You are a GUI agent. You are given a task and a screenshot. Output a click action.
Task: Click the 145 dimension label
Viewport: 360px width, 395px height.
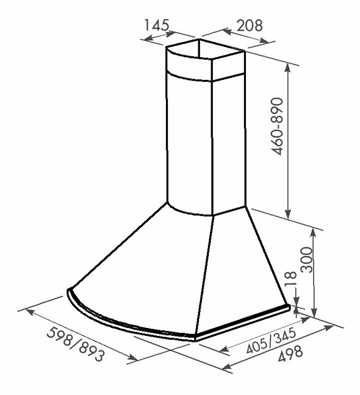coord(156,25)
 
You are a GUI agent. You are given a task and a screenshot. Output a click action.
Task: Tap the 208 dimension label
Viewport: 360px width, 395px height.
coord(250,25)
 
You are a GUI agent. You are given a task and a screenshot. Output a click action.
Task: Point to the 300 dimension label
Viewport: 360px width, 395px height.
coord(306,260)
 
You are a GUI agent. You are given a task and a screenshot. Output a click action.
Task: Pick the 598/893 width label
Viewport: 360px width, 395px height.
coord(75,344)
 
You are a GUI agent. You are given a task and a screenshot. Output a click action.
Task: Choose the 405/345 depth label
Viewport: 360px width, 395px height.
coord(270,341)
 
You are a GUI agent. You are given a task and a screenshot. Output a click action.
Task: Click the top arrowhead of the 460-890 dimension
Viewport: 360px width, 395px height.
coord(287,67)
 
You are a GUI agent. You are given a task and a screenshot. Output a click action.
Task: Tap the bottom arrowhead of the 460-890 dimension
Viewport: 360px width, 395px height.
coord(288,213)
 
